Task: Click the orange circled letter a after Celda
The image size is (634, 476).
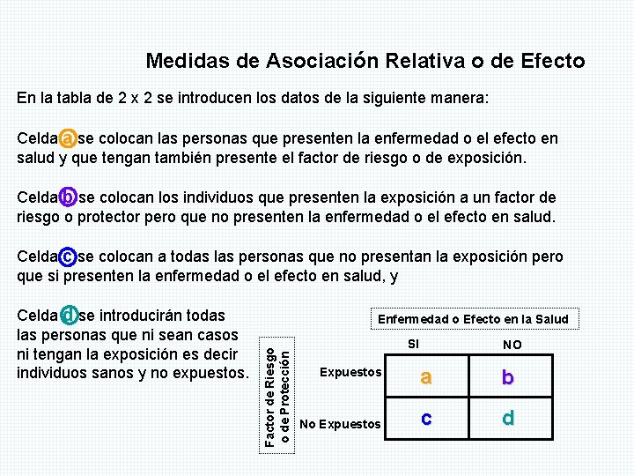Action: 68,139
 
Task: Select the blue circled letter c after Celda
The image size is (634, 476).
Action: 68,257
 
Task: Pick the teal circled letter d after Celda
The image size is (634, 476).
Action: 68,315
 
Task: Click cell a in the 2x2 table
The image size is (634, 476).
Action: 425,377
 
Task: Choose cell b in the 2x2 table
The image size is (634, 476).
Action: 507,377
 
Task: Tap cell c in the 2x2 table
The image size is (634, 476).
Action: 425,418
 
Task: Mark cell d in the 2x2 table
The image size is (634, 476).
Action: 507,418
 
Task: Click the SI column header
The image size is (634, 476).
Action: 415,344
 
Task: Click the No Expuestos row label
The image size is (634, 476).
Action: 341,425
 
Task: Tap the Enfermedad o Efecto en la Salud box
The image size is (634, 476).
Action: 473,319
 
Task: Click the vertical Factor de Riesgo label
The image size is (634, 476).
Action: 271,397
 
